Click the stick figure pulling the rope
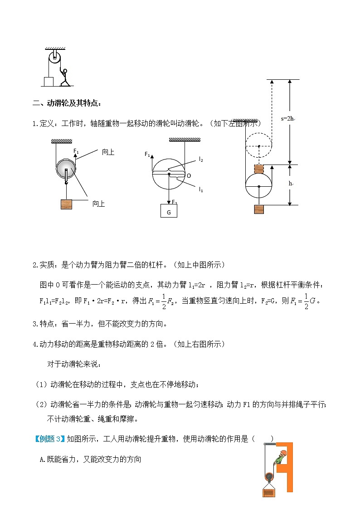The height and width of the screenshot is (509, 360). pyautogui.click(x=65, y=77)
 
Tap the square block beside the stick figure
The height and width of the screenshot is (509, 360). pyautogui.click(x=48, y=81)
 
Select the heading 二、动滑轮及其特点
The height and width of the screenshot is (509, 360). pyautogui.click(x=67, y=103)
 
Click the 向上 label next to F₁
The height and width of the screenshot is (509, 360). pyautogui.click(x=108, y=152)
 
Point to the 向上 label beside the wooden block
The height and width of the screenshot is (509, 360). pyautogui.click(x=98, y=204)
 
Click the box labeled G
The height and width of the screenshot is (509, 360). pyautogui.click(x=169, y=211)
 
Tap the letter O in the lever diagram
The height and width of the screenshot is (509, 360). pyautogui.click(x=189, y=175)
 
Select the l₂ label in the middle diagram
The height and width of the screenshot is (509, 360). pyautogui.click(x=201, y=160)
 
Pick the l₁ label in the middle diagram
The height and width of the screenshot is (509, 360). pyautogui.click(x=201, y=189)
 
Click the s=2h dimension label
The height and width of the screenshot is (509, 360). pyautogui.click(x=287, y=119)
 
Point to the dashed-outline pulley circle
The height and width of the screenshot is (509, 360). pyautogui.click(x=258, y=146)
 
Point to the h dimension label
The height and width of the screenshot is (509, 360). pyautogui.click(x=291, y=184)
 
